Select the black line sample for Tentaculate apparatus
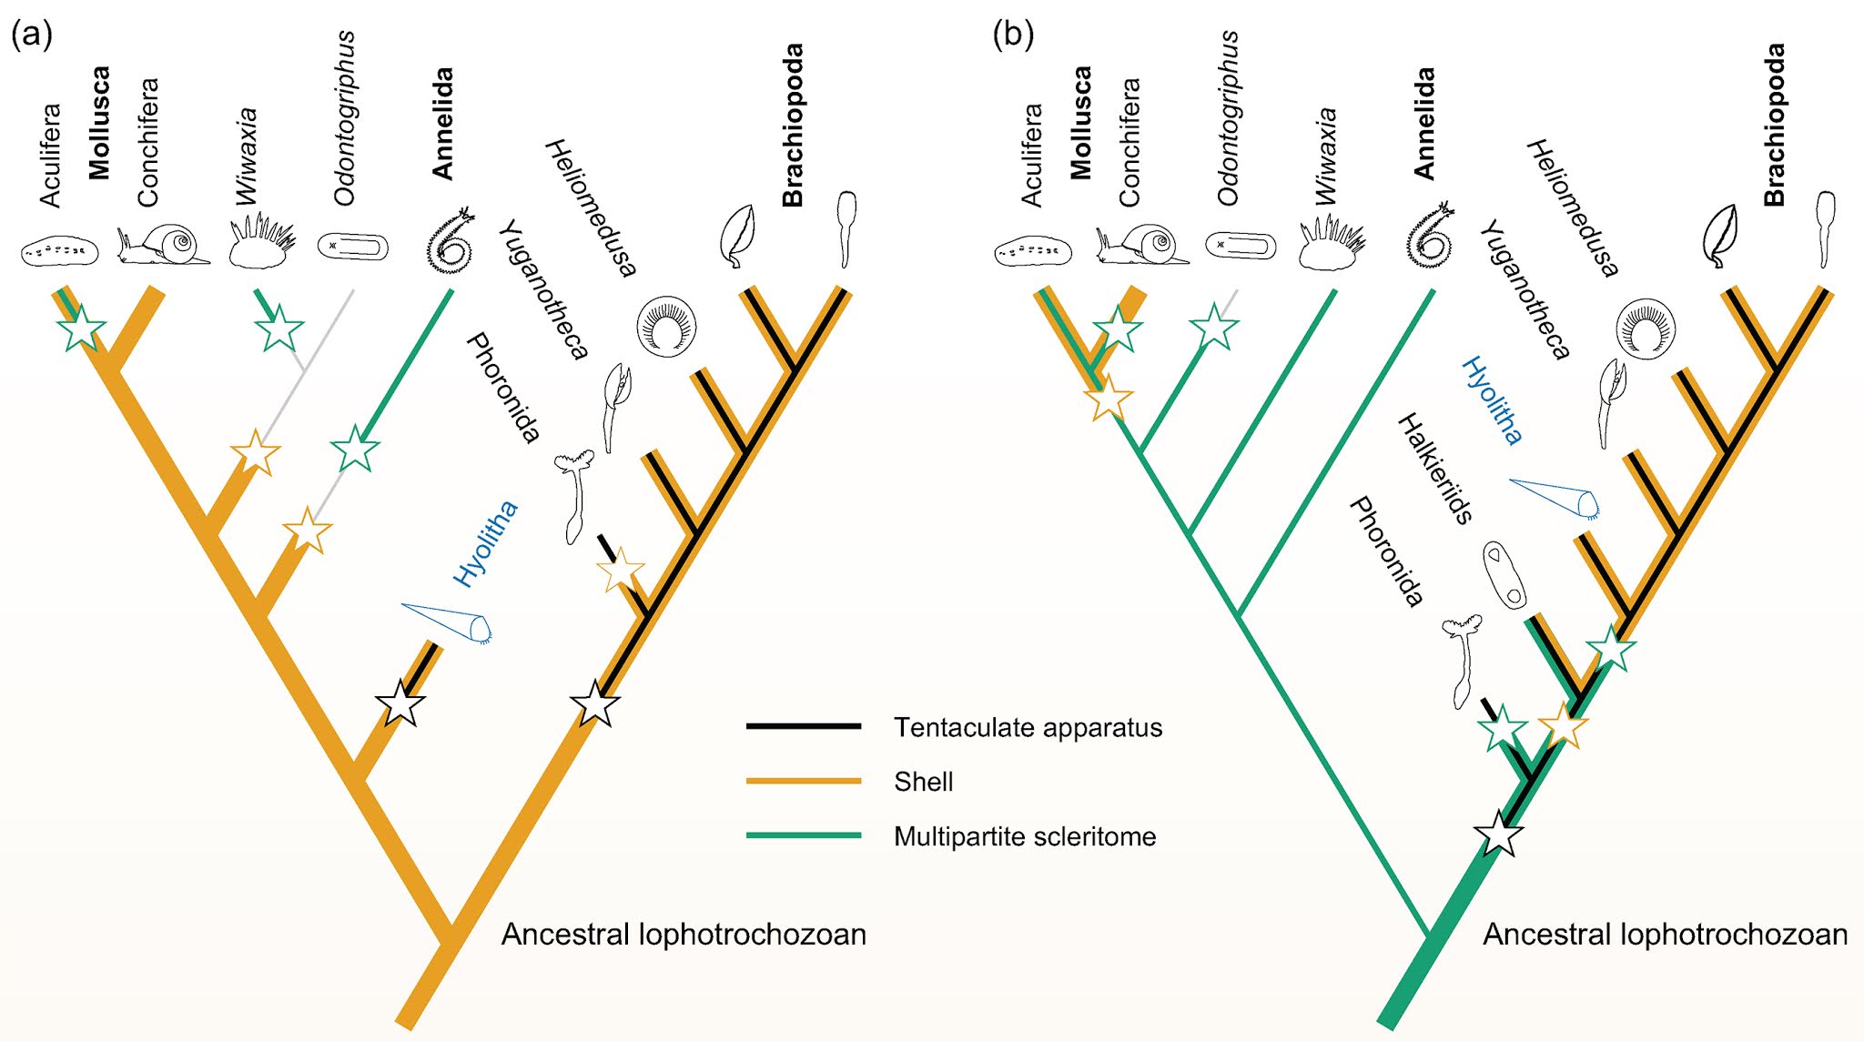tap(803, 726)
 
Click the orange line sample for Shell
tap(803, 781)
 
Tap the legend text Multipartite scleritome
tap(1024, 836)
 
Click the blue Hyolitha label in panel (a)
tap(485, 543)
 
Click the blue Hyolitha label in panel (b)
tap(1491, 400)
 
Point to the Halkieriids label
tap(1434, 468)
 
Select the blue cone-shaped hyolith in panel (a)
tap(448, 622)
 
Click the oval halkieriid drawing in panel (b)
tap(1504, 575)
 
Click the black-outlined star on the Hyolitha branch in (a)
tap(400, 703)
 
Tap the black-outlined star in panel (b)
tap(1498, 834)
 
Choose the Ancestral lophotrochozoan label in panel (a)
tap(683, 934)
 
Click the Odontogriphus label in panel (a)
tap(345, 118)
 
